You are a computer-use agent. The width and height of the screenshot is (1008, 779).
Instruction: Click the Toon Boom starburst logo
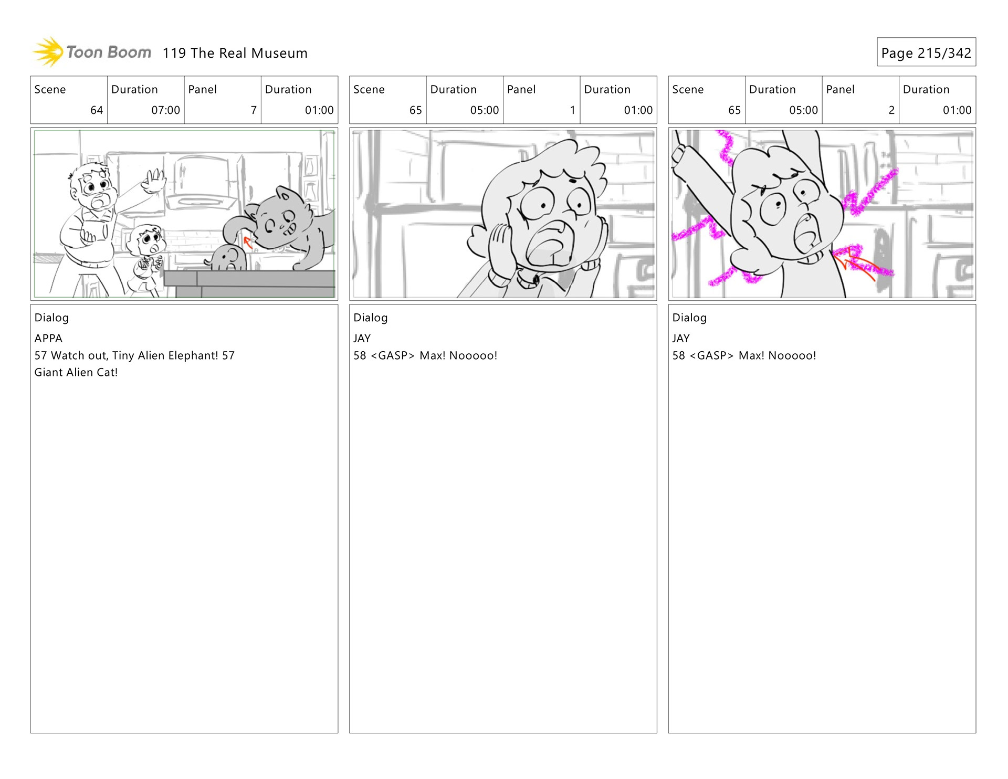48,52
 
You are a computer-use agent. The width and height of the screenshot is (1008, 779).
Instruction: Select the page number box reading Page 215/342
926,52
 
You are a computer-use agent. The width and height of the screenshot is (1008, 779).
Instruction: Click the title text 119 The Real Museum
235,53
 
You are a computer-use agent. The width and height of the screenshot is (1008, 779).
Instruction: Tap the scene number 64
97,110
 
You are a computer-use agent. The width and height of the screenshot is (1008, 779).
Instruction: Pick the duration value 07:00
165,110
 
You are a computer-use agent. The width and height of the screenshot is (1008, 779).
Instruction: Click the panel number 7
254,110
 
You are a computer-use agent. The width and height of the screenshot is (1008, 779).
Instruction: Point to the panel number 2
891,110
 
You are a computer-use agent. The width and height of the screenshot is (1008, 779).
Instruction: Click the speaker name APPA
48,338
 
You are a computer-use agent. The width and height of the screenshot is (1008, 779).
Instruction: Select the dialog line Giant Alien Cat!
76,372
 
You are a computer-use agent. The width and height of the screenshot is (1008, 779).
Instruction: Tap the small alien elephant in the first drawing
227,258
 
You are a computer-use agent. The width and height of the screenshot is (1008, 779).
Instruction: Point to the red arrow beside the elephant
247,242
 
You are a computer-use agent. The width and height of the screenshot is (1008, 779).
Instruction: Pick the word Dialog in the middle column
371,318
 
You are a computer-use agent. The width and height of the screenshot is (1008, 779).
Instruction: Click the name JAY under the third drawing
681,338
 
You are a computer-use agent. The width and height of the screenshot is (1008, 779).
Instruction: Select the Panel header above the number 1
521,89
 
